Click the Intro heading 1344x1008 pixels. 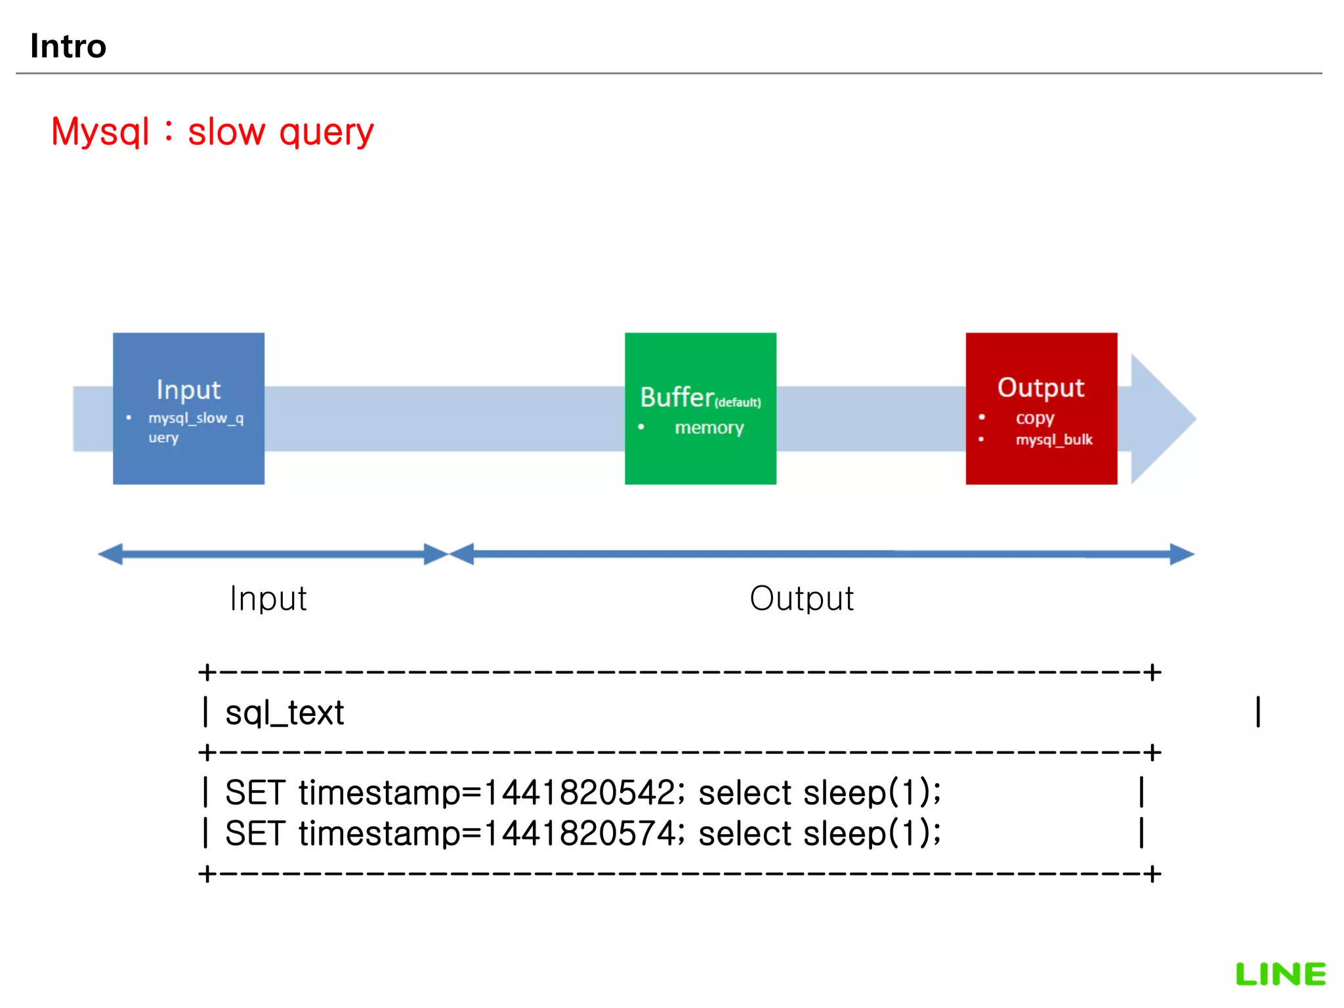pyautogui.click(x=68, y=47)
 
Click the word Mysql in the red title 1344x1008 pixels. pyautogui.click(x=100, y=132)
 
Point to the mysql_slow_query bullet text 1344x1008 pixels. pyautogui.click(x=195, y=427)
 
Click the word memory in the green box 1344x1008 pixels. pyautogui.click(x=709, y=428)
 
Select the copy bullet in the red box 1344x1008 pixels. pyautogui.click(x=1035, y=418)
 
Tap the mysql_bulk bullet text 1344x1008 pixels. pyautogui.click(x=1054, y=440)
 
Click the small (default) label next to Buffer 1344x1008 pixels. pyautogui.click(x=738, y=402)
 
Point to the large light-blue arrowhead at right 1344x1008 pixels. pyautogui.click(x=1162, y=419)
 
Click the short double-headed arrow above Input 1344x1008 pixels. pyautogui.click(x=272, y=554)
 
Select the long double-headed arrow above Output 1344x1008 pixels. pyautogui.click(x=820, y=554)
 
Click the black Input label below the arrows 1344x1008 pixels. pyautogui.click(x=268, y=598)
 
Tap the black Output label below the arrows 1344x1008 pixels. pyautogui.click(x=801, y=598)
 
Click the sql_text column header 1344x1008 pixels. pyautogui.click(x=284, y=713)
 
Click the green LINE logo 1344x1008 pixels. pyautogui.click(x=1280, y=975)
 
